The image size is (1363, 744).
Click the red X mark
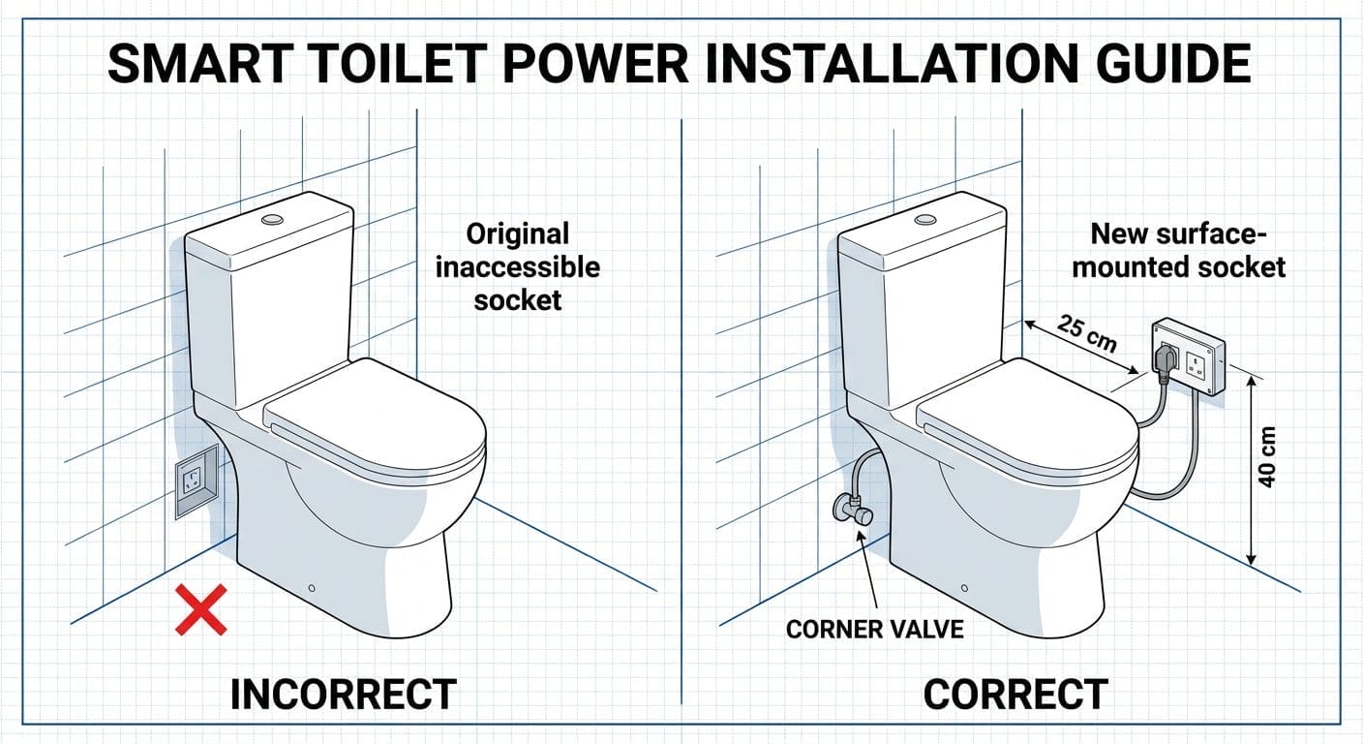200,609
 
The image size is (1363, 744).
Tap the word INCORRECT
343,695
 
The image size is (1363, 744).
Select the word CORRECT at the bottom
1015,695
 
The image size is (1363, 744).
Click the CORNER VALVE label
874,629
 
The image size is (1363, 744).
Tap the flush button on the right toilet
926,219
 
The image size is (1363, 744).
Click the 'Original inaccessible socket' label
517,266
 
